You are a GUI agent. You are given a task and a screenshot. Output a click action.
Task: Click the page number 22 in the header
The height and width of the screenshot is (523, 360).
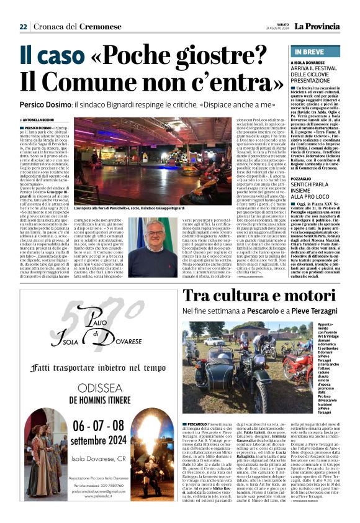pyautogui.click(x=23, y=26)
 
